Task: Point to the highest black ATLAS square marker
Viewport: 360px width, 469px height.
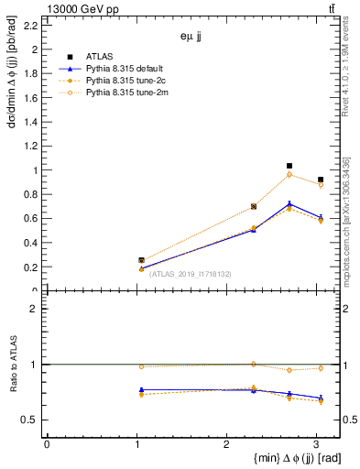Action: click(x=289, y=166)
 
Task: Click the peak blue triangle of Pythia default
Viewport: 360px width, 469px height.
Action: click(x=289, y=204)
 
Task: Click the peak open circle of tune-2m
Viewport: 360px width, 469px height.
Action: click(x=289, y=174)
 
